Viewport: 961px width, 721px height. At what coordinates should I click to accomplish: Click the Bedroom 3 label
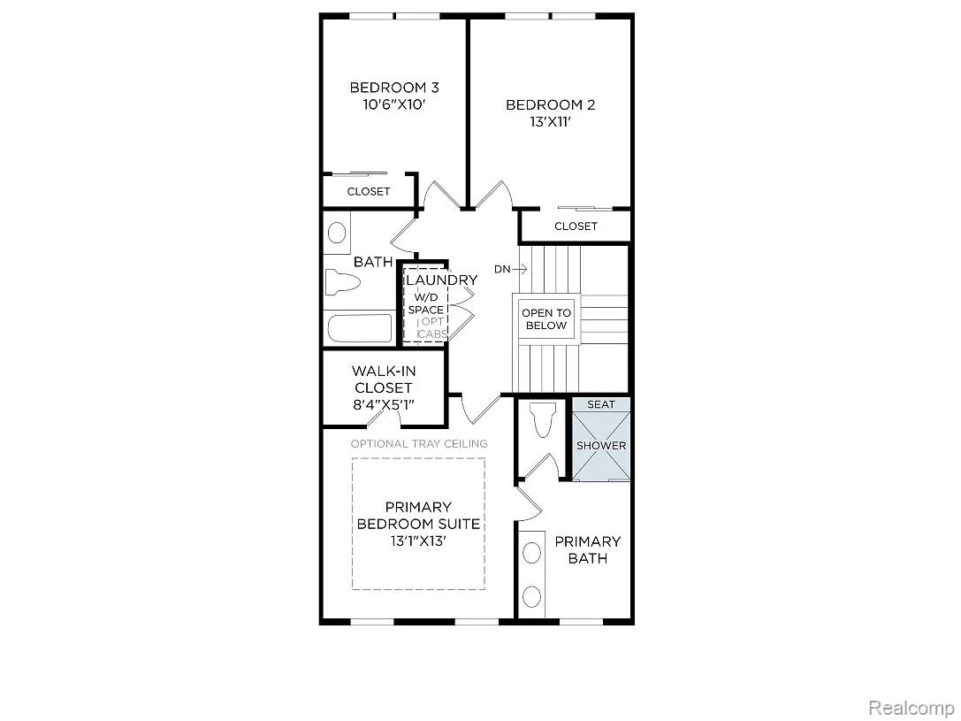(394, 88)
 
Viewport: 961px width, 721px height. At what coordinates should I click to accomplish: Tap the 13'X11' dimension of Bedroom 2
(551, 122)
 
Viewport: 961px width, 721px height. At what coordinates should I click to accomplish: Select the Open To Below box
(546, 318)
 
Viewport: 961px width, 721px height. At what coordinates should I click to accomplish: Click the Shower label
(601, 446)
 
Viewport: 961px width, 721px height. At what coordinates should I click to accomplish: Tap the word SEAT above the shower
(600, 404)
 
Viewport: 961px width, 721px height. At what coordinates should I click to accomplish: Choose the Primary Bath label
(588, 550)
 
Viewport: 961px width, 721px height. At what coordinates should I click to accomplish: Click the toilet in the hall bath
(342, 282)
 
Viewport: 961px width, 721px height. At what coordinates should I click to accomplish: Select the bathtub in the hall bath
(360, 328)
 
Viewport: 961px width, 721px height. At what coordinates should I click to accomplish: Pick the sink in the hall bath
(337, 233)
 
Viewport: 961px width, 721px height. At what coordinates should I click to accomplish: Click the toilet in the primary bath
(543, 419)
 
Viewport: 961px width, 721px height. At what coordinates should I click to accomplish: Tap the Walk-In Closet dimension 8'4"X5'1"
(384, 405)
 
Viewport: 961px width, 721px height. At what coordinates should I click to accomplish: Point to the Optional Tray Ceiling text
(419, 443)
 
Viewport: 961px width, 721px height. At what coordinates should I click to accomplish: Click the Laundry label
(441, 280)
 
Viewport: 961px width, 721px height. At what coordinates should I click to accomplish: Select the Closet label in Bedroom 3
(369, 191)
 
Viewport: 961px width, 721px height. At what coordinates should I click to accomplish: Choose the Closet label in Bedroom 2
(576, 226)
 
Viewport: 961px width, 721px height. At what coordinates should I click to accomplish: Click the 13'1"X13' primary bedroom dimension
(418, 541)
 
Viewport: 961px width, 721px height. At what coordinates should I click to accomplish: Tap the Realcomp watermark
(911, 708)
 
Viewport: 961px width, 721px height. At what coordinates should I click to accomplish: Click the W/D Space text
(426, 303)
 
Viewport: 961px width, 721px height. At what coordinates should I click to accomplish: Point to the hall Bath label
(373, 262)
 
